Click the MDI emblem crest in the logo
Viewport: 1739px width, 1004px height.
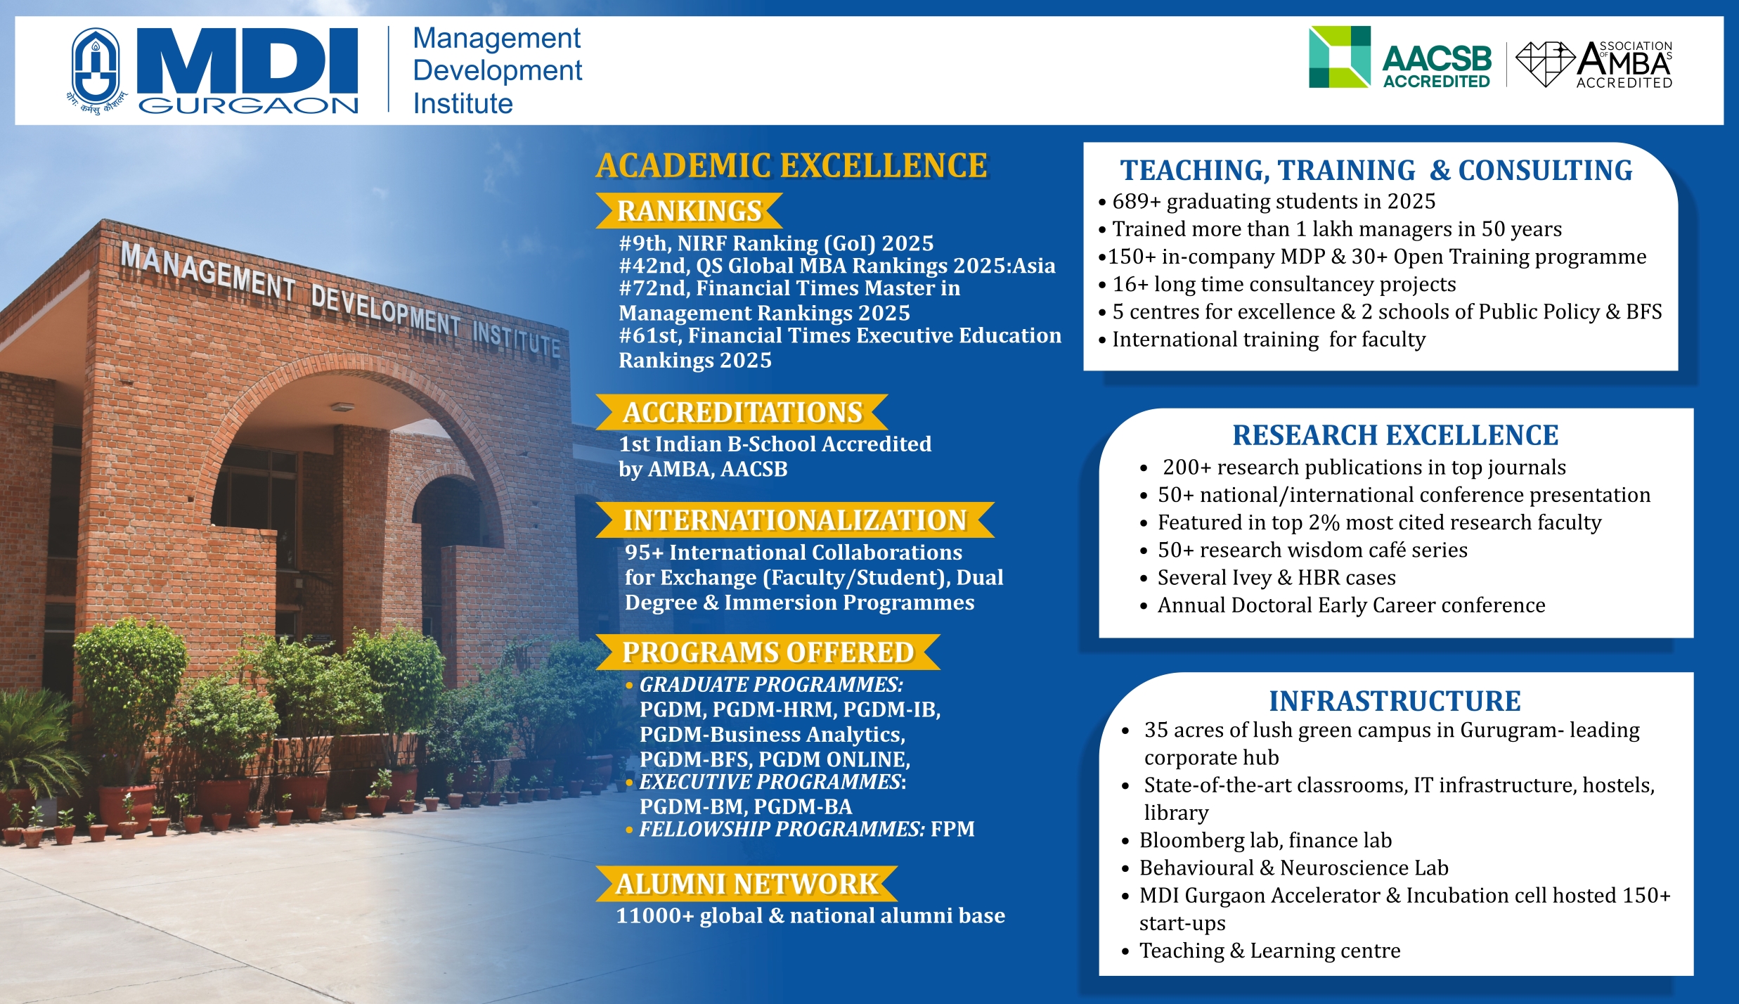click(x=96, y=67)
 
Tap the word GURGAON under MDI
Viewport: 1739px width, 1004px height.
click(x=248, y=105)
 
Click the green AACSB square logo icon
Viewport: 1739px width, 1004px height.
click(x=1339, y=57)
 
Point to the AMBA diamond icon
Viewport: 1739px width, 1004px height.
click(x=1544, y=63)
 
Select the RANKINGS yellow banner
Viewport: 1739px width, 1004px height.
click(x=689, y=211)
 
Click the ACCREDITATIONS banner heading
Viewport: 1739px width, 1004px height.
click(x=742, y=413)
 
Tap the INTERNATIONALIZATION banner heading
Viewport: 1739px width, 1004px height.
click(x=795, y=520)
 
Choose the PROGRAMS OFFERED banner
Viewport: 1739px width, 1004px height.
click(x=768, y=652)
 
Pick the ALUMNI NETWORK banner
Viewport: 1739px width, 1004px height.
click(x=746, y=884)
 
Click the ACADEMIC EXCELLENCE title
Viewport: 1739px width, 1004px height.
click(x=791, y=166)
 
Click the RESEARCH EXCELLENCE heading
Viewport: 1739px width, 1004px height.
click(x=1395, y=435)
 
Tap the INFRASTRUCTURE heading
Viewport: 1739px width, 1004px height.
click(x=1395, y=701)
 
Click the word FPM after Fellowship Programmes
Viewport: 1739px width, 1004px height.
click(x=952, y=829)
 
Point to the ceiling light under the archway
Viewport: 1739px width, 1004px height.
click(x=342, y=407)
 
